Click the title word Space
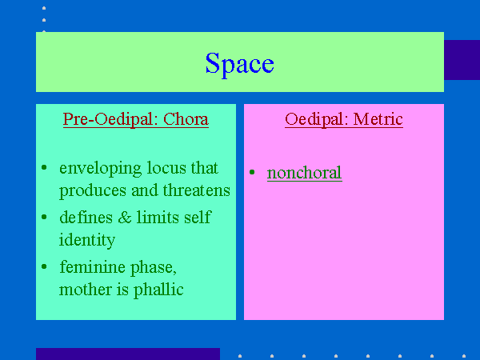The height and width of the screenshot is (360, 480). tap(240, 64)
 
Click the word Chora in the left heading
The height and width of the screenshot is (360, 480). tap(186, 119)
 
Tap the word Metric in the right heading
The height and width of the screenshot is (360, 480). tap(378, 119)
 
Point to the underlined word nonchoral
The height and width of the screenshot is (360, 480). tap(305, 173)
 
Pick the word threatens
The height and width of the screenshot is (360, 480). tap(197, 190)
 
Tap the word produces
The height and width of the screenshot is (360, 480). tap(93, 191)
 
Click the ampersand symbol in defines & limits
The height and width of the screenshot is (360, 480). tap(125, 218)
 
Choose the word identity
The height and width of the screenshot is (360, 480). tap(87, 240)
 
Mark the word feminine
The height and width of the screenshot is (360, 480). tap(93, 267)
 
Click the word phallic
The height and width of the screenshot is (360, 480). tap(158, 290)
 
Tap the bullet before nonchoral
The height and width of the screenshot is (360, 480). tap(252, 172)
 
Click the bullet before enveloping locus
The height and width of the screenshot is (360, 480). tap(44, 167)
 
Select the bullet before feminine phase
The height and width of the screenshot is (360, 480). tap(44, 266)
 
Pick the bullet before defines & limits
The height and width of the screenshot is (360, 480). tap(44, 217)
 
